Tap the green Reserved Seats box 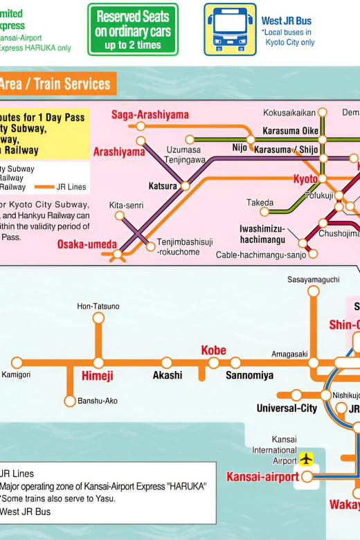[x=132, y=29]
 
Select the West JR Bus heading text [x=286, y=21]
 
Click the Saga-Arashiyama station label [x=150, y=114]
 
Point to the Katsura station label [x=163, y=186]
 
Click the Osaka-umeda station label [x=87, y=244]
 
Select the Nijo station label [x=240, y=148]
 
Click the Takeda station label [x=260, y=202]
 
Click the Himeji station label [x=98, y=376]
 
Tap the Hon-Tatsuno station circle [x=98, y=318]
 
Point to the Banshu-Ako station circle [x=70, y=401]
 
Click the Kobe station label [x=214, y=350]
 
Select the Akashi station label [x=167, y=375]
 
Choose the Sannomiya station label [x=249, y=375]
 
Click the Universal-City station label [x=287, y=408]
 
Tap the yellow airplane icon [x=306, y=458]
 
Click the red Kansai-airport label [x=262, y=477]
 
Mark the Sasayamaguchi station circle [x=314, y=291]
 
